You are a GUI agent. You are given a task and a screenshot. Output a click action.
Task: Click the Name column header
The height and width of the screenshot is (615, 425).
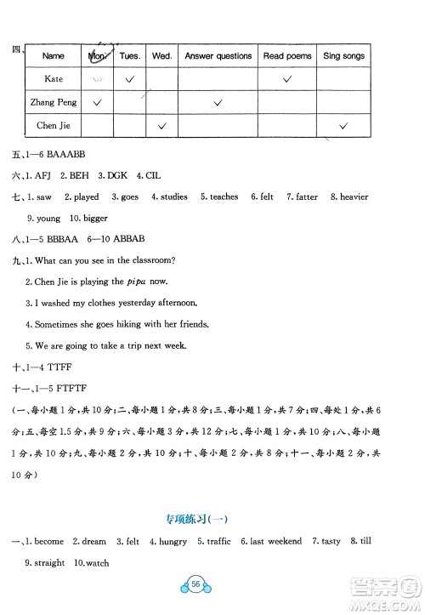click(53, 56)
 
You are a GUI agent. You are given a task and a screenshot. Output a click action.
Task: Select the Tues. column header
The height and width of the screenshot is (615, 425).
click(129, 56)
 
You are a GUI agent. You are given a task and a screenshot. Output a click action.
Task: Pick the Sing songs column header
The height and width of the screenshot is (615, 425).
click(343, 56)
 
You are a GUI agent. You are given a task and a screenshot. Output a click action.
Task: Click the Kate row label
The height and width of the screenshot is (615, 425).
click(53, 78)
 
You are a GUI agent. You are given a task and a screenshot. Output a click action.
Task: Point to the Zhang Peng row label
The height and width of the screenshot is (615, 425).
click(53, 102)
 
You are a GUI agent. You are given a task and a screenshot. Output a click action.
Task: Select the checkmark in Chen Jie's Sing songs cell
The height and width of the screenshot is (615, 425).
click(343, 126)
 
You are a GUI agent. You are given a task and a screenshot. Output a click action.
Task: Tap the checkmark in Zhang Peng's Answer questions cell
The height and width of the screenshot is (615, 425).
click(218, 102)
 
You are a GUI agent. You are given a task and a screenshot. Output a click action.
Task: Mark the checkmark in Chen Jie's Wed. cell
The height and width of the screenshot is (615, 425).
click(161, 126)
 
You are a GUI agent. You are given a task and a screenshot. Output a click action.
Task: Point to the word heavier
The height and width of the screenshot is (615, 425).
click(354, 197)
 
